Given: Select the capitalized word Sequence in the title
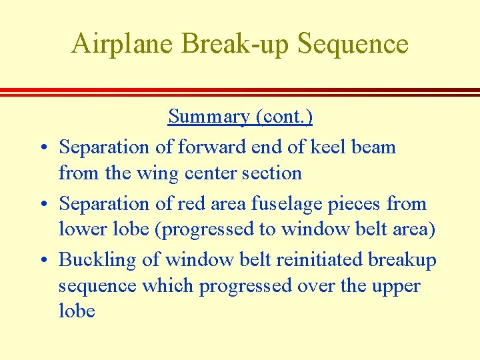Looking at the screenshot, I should (353, 45).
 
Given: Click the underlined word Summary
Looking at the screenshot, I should (209, 117).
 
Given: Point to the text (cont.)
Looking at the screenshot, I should (283, 117).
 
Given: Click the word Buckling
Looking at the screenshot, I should (98, 260).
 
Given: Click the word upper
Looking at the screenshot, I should (391, 287).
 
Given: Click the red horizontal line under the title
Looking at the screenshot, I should (240, 91).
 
